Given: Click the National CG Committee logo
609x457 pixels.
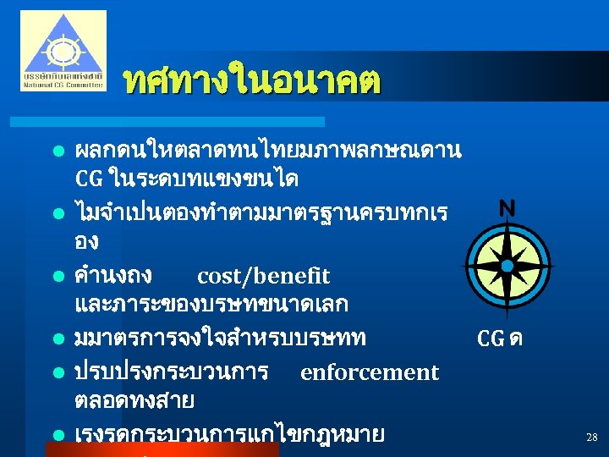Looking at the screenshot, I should (x=63, y=51).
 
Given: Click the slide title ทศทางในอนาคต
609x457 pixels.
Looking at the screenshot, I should (x=252, y=81).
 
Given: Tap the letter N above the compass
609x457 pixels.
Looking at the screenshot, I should (x=507, y=208).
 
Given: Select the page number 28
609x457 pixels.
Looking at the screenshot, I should (x=591, y=438).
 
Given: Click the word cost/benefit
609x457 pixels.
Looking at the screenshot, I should (x=263, y=277).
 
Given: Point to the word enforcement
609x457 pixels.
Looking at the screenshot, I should (x=370, y=372).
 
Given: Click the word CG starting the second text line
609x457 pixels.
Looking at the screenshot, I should (x=89, y=180).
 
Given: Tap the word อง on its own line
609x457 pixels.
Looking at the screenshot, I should (x=86, y=242).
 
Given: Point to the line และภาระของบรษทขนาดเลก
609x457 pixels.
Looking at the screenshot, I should (x=211, y=304).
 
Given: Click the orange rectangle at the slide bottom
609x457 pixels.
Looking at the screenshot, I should (x=161, y=449).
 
